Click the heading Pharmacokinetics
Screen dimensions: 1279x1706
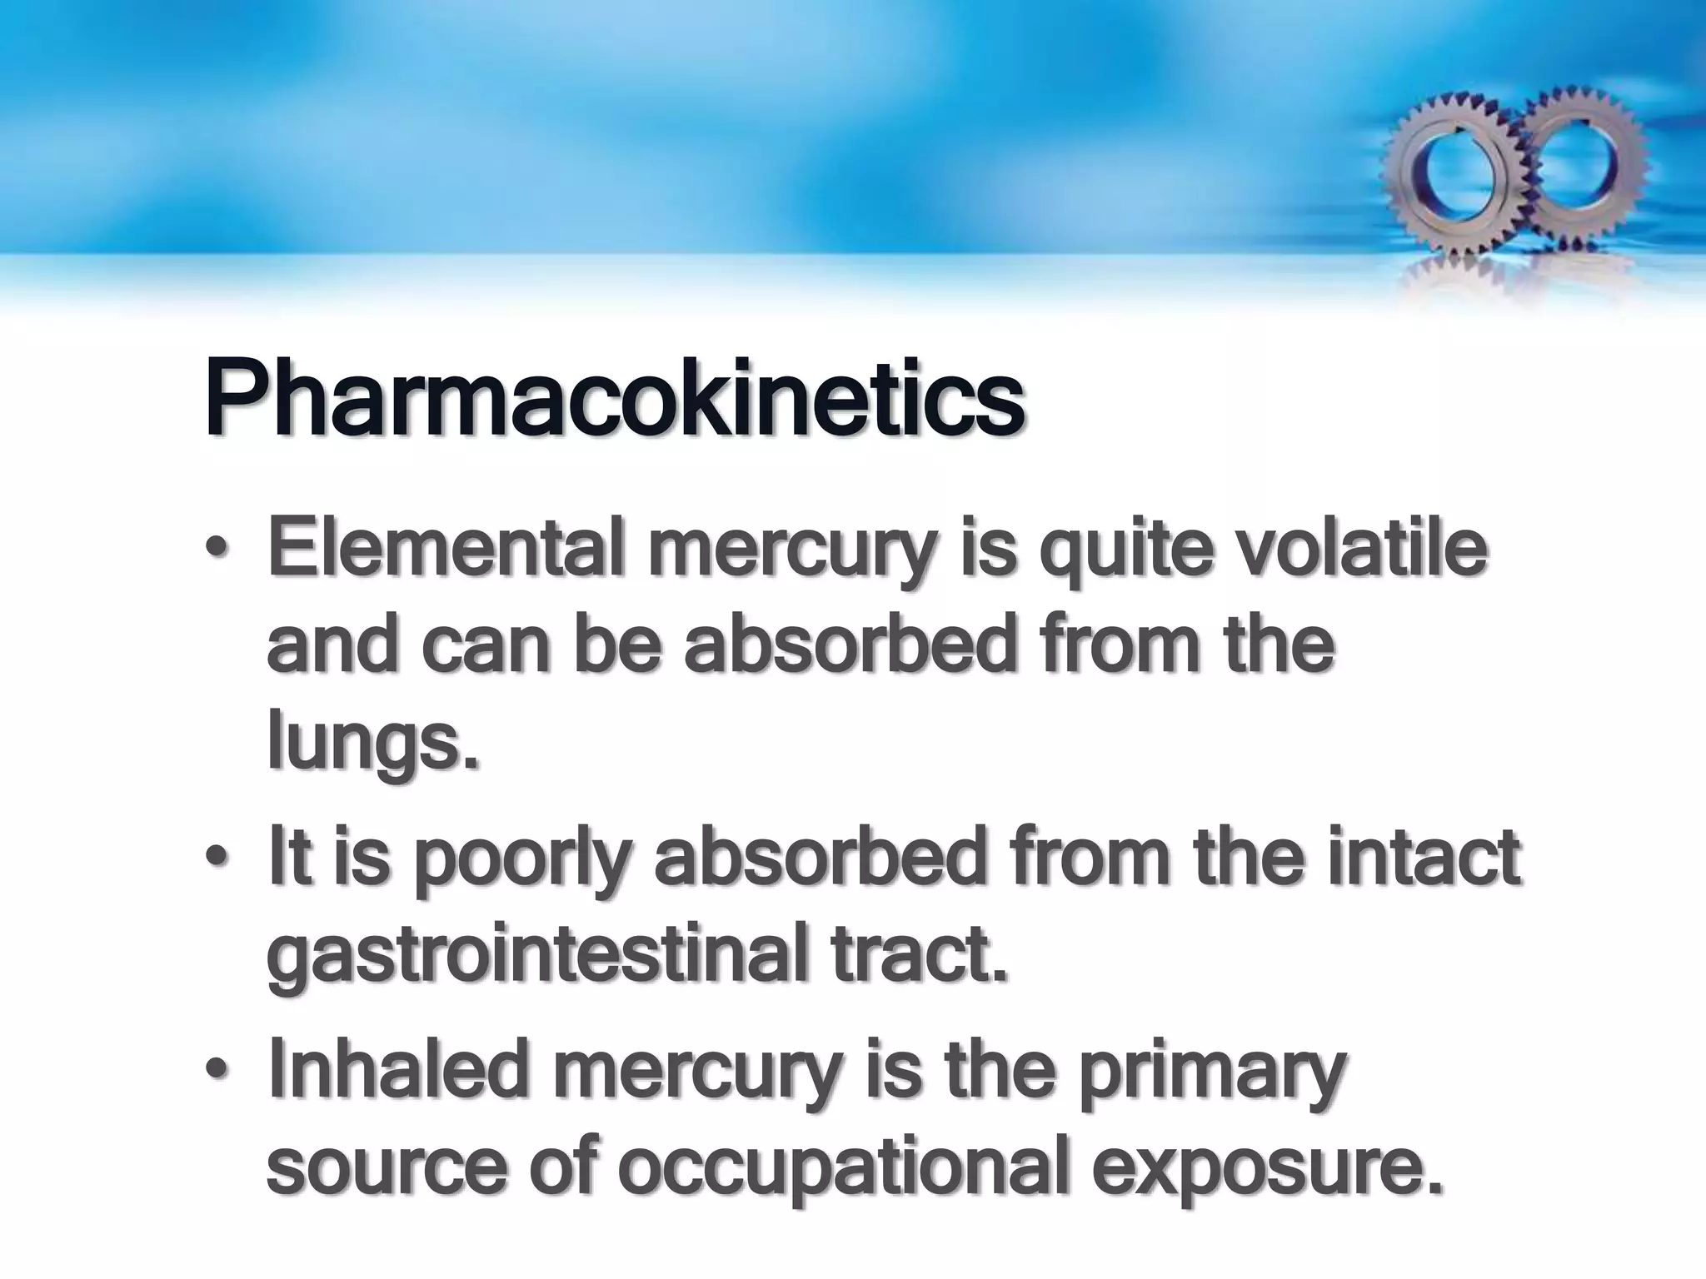coord(614,397)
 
